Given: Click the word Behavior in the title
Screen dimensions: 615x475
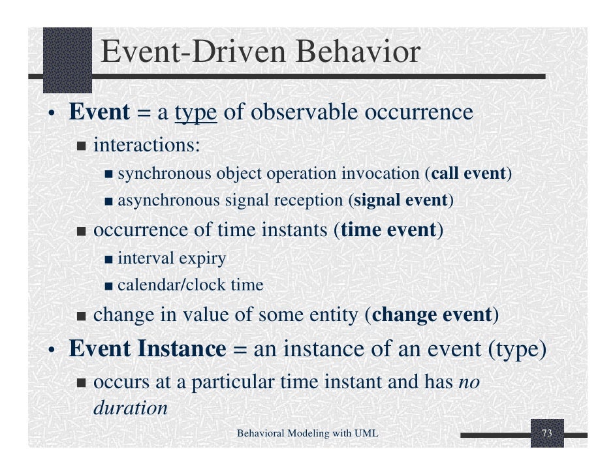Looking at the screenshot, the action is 358,52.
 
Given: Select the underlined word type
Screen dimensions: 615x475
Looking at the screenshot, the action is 196,113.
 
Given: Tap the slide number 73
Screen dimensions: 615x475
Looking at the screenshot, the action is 546,433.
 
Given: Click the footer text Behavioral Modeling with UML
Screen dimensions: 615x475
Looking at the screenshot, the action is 307,433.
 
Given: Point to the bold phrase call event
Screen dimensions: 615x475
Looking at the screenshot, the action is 468,173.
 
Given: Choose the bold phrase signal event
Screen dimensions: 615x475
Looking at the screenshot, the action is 400,200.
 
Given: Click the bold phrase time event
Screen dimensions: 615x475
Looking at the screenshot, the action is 388,230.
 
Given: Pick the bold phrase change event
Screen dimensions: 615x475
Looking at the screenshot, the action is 432,314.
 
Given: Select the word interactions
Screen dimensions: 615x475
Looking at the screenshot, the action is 147,145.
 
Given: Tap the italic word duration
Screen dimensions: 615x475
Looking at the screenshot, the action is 131,408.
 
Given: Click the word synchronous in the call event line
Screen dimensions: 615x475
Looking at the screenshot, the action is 165,174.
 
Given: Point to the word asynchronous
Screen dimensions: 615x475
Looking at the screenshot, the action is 168,200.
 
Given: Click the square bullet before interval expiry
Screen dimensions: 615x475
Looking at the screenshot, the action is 108,260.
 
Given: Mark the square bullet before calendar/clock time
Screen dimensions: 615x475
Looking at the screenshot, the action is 108,286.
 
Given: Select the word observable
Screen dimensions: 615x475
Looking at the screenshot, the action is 304,112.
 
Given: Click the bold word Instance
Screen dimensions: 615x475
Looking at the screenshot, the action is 182,348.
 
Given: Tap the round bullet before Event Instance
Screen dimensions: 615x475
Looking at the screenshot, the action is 51,350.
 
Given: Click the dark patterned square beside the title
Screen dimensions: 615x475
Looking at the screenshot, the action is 67,60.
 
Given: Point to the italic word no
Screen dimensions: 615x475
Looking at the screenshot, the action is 469,382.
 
